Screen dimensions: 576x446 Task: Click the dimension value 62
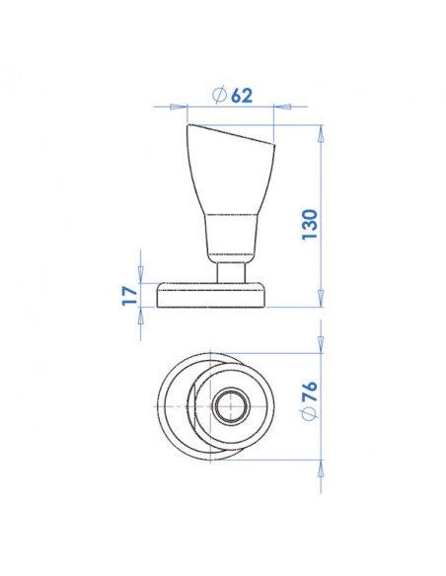tap(240, 95)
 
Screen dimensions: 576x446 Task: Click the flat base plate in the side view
tap(212, 294)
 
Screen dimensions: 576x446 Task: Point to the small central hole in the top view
tap(233, 404)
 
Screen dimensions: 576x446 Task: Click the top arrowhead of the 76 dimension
tap(320, 358)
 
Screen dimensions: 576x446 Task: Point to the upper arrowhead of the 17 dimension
tap(141, 275)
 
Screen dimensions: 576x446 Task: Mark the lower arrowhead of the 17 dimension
tap(141, 313)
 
